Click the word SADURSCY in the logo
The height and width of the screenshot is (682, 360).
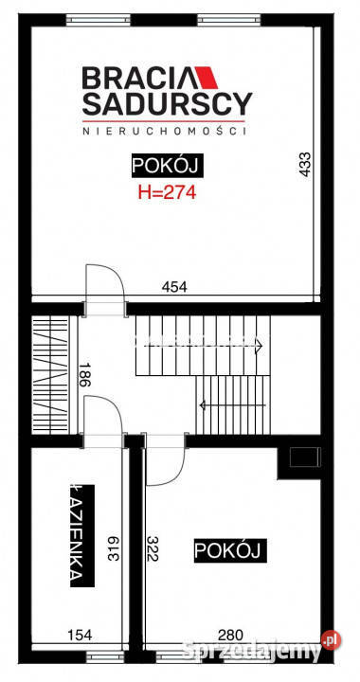pos(167,102)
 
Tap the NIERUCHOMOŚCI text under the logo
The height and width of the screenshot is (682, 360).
pos(167,132)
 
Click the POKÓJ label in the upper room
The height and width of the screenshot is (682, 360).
pos(167,168)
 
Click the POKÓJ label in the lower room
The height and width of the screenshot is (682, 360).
pos(230,550)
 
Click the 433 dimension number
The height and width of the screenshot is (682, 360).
pos(304,166)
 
